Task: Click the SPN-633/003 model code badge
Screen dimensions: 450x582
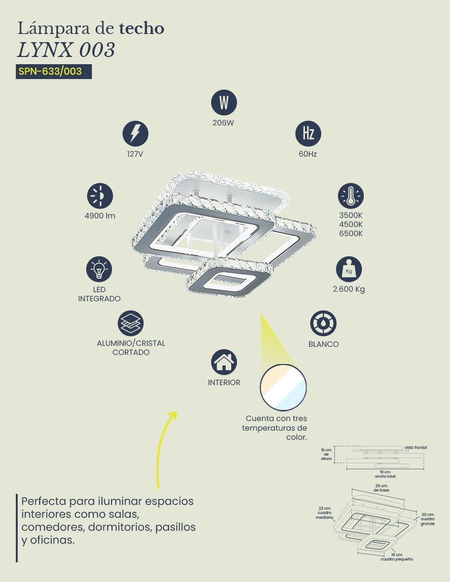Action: click(x=54, y=71)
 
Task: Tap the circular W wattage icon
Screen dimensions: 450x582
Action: click(x=224, y=103)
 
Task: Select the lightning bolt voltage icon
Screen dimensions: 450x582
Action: click(x=135, y=134)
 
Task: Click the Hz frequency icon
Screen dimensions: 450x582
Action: click(x=308, y=134)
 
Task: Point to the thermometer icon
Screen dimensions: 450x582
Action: click(x=351, y=196)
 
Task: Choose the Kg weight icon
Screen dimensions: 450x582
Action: click(x=349, y=269)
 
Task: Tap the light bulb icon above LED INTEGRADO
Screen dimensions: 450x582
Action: click(x=99, y=269)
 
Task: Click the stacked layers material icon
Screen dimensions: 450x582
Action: click(x=131, y=323)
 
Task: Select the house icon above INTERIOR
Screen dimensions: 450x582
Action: click(x=224, y=362)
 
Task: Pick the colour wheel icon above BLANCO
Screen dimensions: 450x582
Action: click(x=323, y=323)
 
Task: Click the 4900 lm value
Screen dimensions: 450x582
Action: click(x=100, y=216)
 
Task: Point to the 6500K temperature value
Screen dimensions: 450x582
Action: click(x=351, y=234)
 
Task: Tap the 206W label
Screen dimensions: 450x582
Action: click(x=224, y=123)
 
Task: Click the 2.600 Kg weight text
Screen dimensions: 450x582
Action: click(x=349, y=289)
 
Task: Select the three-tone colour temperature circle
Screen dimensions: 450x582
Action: click(x=283, y=388)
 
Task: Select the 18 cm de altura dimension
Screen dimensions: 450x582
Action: click(x=326, y=454)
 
